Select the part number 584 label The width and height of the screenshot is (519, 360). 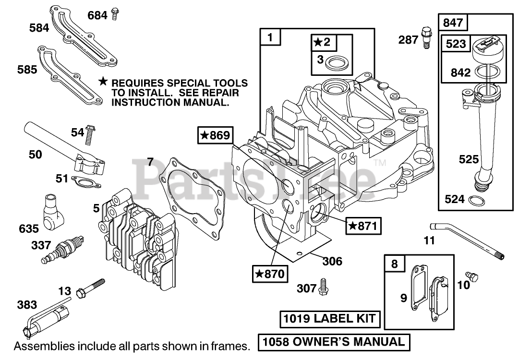[39, 28]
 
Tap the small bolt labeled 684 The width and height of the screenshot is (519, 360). [114, 14]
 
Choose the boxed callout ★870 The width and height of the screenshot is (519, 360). [269, 274]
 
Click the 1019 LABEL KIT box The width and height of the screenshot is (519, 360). [331, 319]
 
